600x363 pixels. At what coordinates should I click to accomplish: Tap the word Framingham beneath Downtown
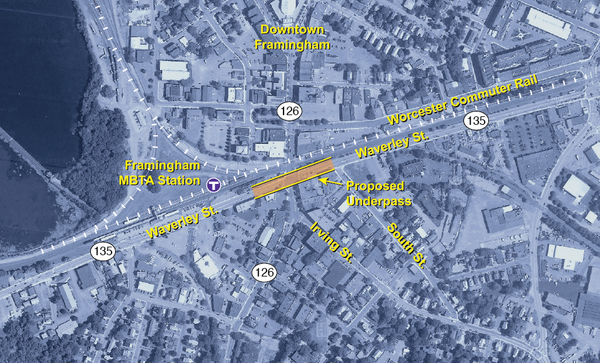(x=292, y=44)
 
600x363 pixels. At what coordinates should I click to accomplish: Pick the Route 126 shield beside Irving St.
(x=265, y=272)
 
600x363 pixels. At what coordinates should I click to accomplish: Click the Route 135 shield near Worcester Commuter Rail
(x=476, y=120)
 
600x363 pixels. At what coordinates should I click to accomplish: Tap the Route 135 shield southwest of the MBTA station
(x=104, y=251)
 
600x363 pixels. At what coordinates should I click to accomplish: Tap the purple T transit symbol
(x=213, y=185)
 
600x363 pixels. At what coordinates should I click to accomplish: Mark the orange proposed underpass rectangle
(x=293, y=179)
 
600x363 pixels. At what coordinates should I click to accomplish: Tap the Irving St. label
(x=332, y=242)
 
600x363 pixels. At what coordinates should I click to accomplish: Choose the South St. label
(x=407, y=244)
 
